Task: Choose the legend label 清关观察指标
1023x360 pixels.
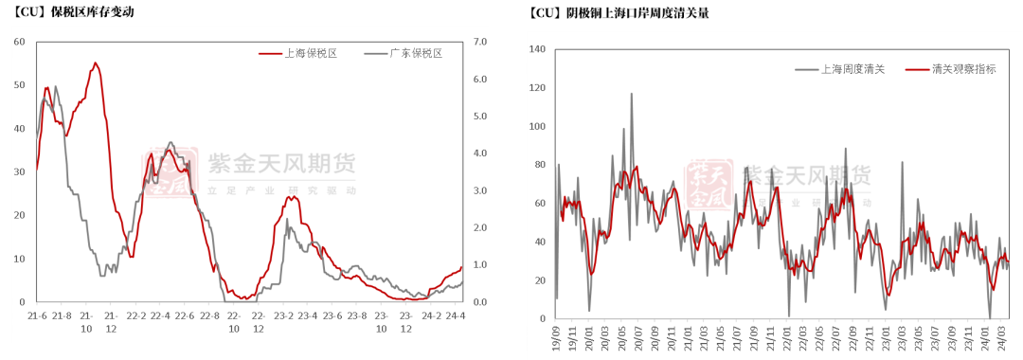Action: (963, 69)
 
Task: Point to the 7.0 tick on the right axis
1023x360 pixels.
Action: (477, 43)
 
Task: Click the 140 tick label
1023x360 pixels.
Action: (537, 49)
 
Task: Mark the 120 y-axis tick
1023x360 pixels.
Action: (537, 88)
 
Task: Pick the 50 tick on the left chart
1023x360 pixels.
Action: (19, 85)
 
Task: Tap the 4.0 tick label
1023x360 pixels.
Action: (477, 153)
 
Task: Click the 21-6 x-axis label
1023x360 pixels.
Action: (38, 315)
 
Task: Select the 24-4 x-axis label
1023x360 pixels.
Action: (457, 315)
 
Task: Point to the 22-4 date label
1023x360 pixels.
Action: (160, 315)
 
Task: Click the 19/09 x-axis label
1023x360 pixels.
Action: (555, 337)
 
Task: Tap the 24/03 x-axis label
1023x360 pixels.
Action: (1000, 337)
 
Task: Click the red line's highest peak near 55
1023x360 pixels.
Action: (95, 63)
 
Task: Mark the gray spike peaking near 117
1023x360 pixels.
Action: (632, 94)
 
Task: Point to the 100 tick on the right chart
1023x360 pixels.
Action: (537, 126)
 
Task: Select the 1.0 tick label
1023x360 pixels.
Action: (477, 265)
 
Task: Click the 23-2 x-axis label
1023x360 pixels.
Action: (283, 315)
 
